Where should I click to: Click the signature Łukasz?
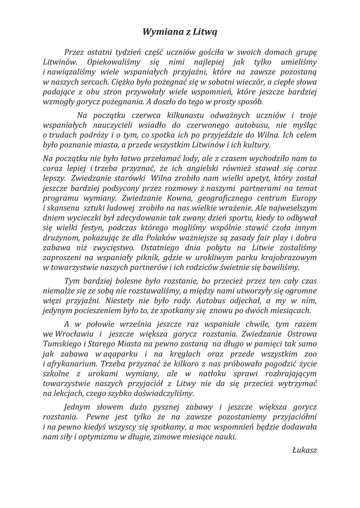pyautogui.click(x=304, y=450)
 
